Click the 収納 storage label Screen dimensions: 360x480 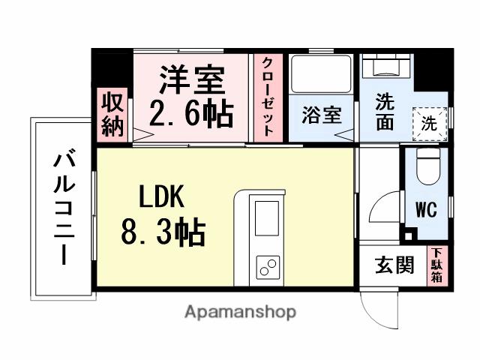(x=112, y=113)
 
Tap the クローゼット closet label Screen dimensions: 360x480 (x=267, y=97)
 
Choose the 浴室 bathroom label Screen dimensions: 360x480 (x=322, y=115)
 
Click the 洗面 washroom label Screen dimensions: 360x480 (x=385, y=112)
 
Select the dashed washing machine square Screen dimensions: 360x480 (x=428, y=122)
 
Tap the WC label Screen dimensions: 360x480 (x=426, y=210)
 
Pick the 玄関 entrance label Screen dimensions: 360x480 (x=394, y=265)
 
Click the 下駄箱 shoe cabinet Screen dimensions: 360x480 (x=436, y=265)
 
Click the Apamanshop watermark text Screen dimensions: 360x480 (x=240, y=311)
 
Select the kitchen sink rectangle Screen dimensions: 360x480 (x=267, y=218)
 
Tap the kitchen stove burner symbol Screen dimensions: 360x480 (x=267, y=265)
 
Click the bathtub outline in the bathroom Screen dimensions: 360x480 (x=322, y=75)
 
